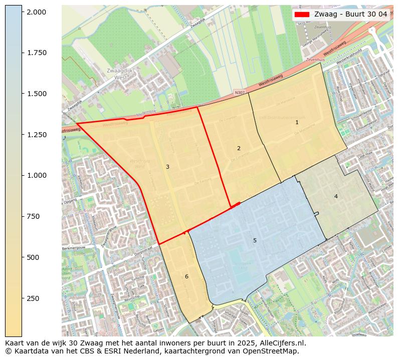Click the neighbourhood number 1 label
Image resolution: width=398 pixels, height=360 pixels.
(x=297, y=122)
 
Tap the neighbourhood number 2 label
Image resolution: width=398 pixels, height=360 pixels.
(x=239, y=148)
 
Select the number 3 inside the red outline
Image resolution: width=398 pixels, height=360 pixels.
(x=167, y=167)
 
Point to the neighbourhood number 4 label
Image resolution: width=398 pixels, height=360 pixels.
(x=336, y=196)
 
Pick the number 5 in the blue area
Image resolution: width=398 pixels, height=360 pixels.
(x=255, y=241)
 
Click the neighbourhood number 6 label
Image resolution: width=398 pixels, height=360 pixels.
(x=186, y=276)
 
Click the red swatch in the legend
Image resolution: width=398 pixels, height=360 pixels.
(x=302, y=15)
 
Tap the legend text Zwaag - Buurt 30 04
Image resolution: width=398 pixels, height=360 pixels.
(x=350, y=15)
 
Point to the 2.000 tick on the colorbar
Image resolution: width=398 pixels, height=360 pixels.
(x=37, y=12)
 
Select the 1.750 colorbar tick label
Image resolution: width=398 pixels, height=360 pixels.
(x=37, y=53)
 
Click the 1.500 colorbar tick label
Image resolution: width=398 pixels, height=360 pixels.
(x=37, y=94)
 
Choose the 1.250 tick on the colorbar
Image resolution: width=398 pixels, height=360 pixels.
(x=37, y=135)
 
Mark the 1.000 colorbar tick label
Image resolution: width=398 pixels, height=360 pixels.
(x=37, y=175)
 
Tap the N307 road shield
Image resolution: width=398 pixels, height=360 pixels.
(x=240, y=93)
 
